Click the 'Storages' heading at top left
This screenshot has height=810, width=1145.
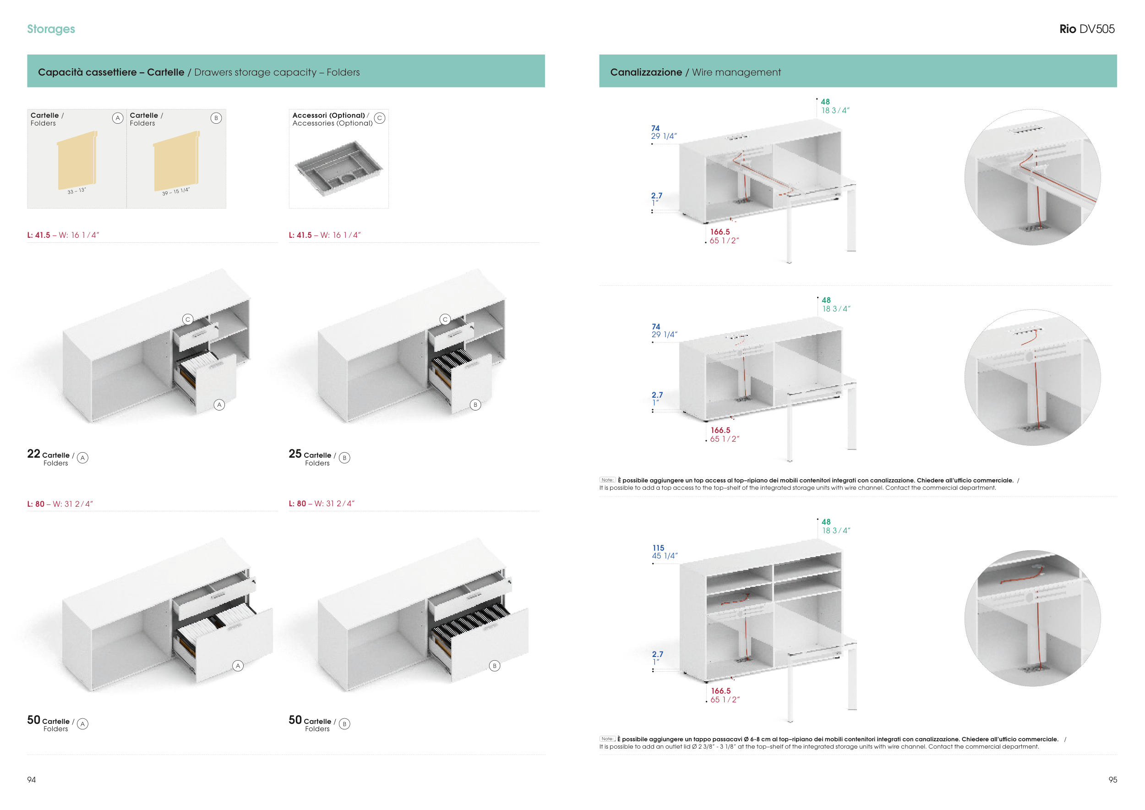(x=51, y=29)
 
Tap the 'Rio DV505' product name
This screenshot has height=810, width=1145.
(x=1087, y=29)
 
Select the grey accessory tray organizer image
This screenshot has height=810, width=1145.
(x=338, y=168)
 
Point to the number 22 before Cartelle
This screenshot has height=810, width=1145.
(x=33, y=454)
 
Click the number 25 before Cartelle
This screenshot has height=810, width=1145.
(x=295, y=454)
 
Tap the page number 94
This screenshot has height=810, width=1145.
(x=32, y=780)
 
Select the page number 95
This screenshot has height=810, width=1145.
(x=1112, y=780)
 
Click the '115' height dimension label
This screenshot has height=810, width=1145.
(x=658, y=547)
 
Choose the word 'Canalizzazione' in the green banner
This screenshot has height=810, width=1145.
(x=646, y=72)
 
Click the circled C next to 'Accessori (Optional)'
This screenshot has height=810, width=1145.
(x=380, y=118)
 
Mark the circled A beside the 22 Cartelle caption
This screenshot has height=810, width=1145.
(x=83, y=457)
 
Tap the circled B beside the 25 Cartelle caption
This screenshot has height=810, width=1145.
(x=344, y=457)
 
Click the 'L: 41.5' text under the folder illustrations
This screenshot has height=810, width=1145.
(x=38, y=235)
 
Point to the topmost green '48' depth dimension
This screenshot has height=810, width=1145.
(x=825, y=102)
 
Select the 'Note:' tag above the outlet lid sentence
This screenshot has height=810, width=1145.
(x=607, y=739)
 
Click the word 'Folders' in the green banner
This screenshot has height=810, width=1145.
(x=343, y=72)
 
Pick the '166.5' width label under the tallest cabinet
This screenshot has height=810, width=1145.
(x=720, y=691)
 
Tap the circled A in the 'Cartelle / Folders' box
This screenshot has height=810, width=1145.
(x=118, y=118)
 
